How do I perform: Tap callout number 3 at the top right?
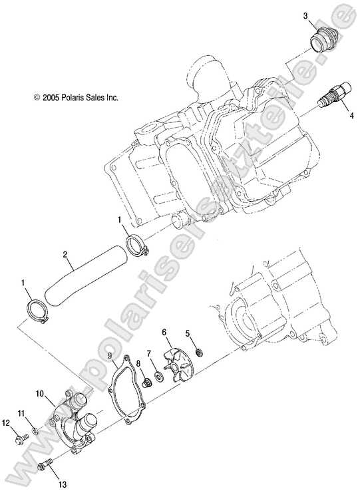(305, 15)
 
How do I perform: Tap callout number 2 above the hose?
(65, 253)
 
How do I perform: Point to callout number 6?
(164, 331)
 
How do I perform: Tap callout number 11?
(21, 414)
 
